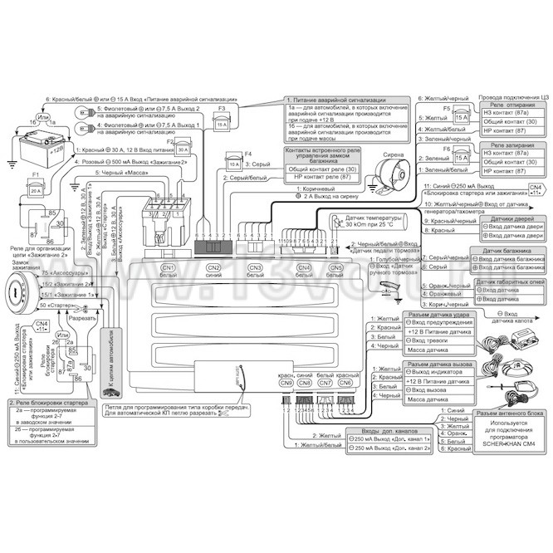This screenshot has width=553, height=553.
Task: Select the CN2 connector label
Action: [213, 267]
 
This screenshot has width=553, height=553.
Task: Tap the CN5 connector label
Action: [336, 267]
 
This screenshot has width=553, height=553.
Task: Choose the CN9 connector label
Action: [286, 383]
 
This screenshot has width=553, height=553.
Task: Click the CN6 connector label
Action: [345, 383]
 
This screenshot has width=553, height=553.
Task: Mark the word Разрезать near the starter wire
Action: [84, 319]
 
